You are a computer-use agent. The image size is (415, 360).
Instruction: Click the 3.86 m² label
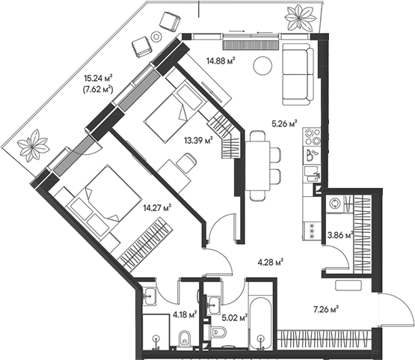click(x=339, y=234)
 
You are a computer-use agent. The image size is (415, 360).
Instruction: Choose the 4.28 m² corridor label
click(x=269, y=262)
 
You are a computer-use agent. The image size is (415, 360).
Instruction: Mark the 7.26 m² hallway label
click(x=325, y=308)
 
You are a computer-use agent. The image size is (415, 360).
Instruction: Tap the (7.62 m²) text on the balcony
click(x=99, y=88)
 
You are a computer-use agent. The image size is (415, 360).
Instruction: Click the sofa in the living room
click(x=299, y=71)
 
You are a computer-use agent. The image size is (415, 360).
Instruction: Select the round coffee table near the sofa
click(x=262, y=67)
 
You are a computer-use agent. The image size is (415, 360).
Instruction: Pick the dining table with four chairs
click(x=258, y=165)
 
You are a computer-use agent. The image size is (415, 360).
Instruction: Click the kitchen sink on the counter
click(x=313, y=156)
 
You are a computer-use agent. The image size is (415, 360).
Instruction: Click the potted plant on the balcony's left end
click(x=34, y=144)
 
